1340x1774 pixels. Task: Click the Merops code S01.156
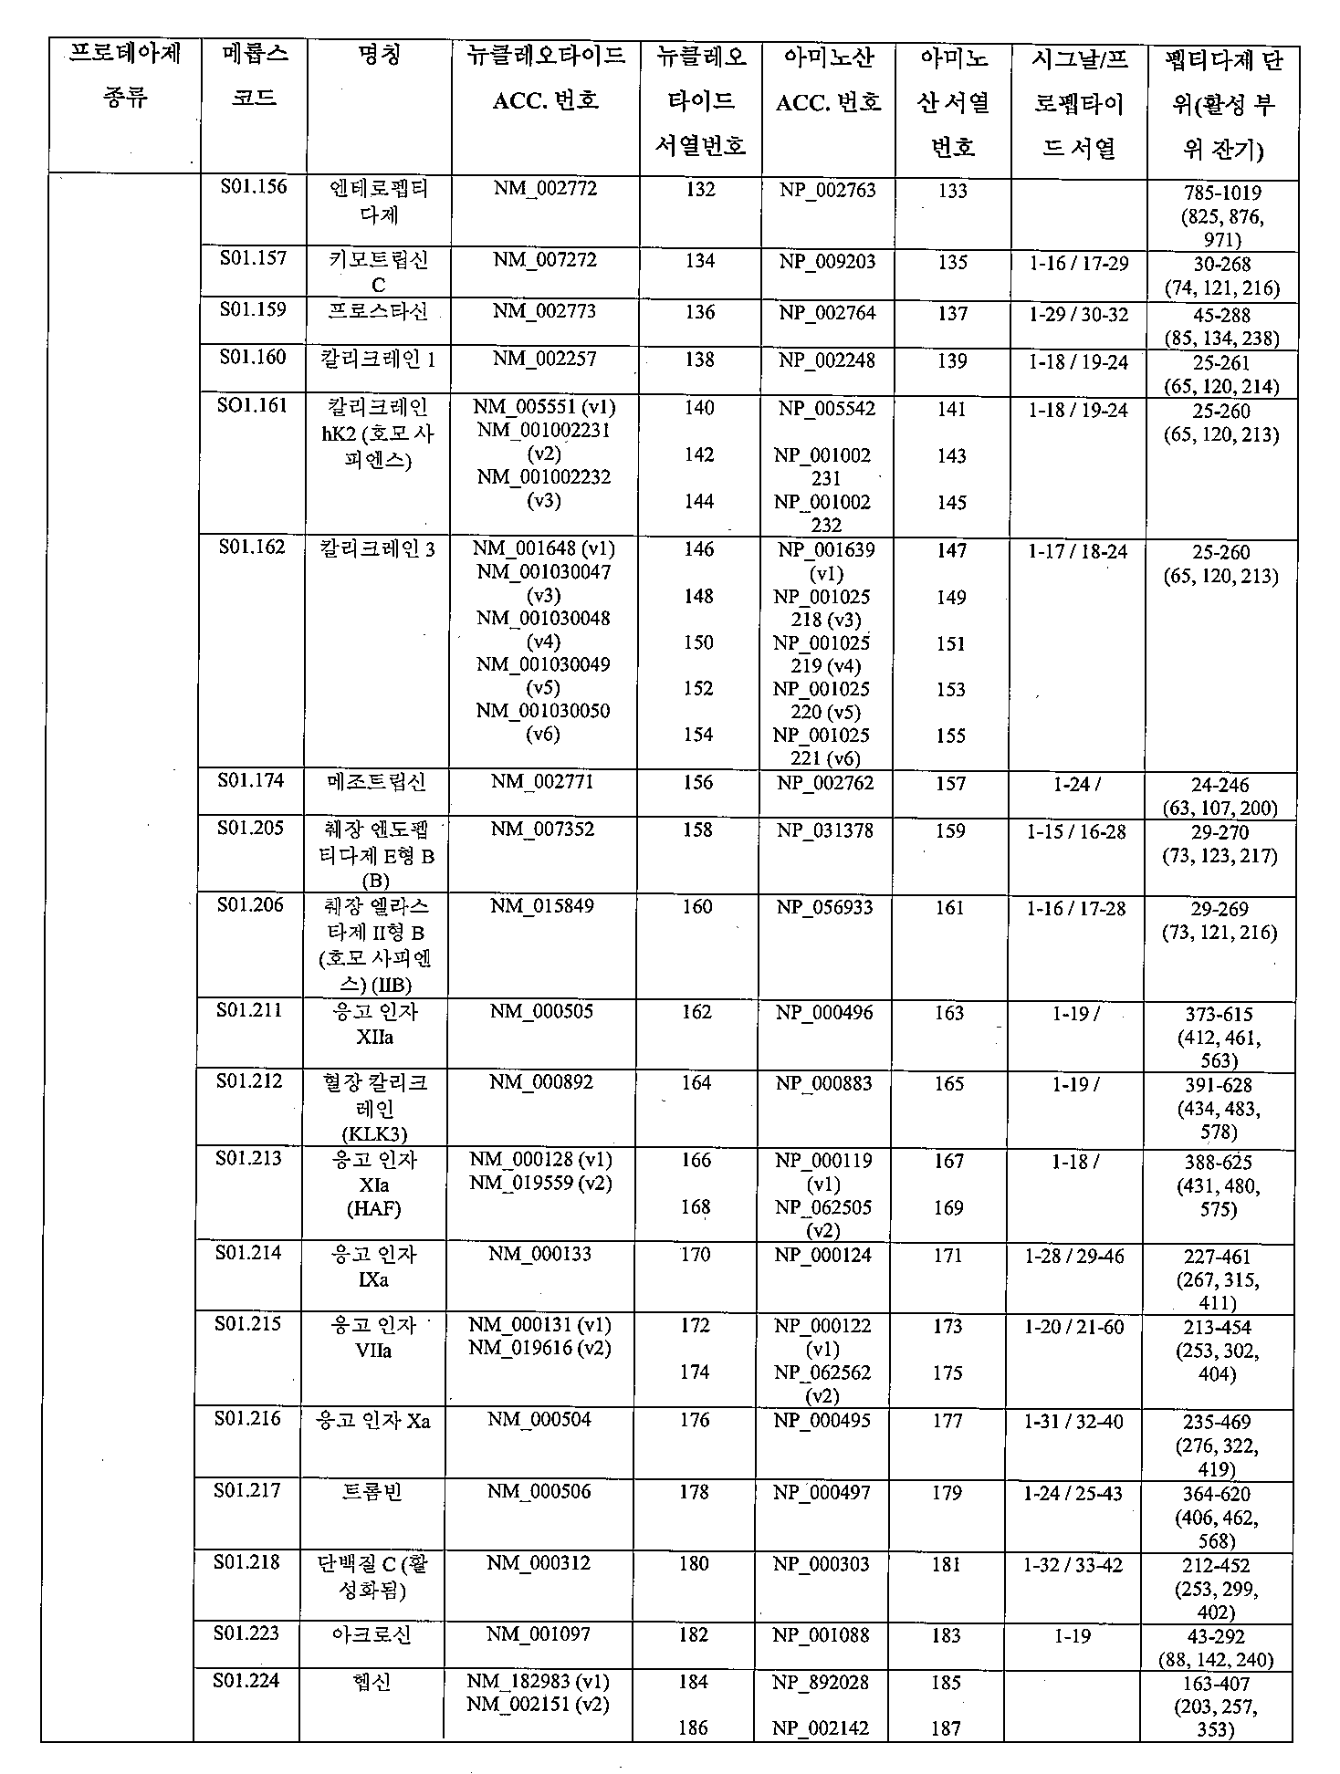[x=253, y=187]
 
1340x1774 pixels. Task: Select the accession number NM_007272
[x=545, y=260]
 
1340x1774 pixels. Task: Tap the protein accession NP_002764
[x=827, y=313]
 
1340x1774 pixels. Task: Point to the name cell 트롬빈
[x=372, y=1492]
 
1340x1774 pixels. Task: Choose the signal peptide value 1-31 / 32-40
[x=1073, y=1421]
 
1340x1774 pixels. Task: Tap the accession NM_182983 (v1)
[x=538, y=1681]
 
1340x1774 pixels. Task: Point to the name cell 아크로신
[x=372, y=1634]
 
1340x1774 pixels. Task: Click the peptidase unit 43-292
[x=1218, y=1637]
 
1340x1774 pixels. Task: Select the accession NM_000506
[x=539, y=1491]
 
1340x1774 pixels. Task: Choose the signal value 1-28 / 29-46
[x=1074, y=1257]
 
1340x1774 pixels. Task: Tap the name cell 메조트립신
[x=376, y=782]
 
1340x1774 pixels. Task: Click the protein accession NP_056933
[x=825, y=907]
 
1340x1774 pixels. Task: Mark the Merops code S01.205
[x=250, y=828]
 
